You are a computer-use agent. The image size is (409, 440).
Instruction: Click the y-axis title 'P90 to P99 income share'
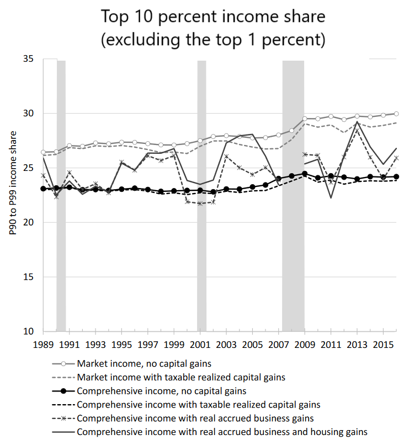click(x=12, y=195)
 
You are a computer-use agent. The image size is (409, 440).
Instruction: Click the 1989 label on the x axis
click(x=43, y=344)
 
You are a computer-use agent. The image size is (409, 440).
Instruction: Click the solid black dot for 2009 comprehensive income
click(x=305, y=174)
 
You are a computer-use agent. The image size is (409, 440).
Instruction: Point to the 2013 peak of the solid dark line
click(x=357, y=122)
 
